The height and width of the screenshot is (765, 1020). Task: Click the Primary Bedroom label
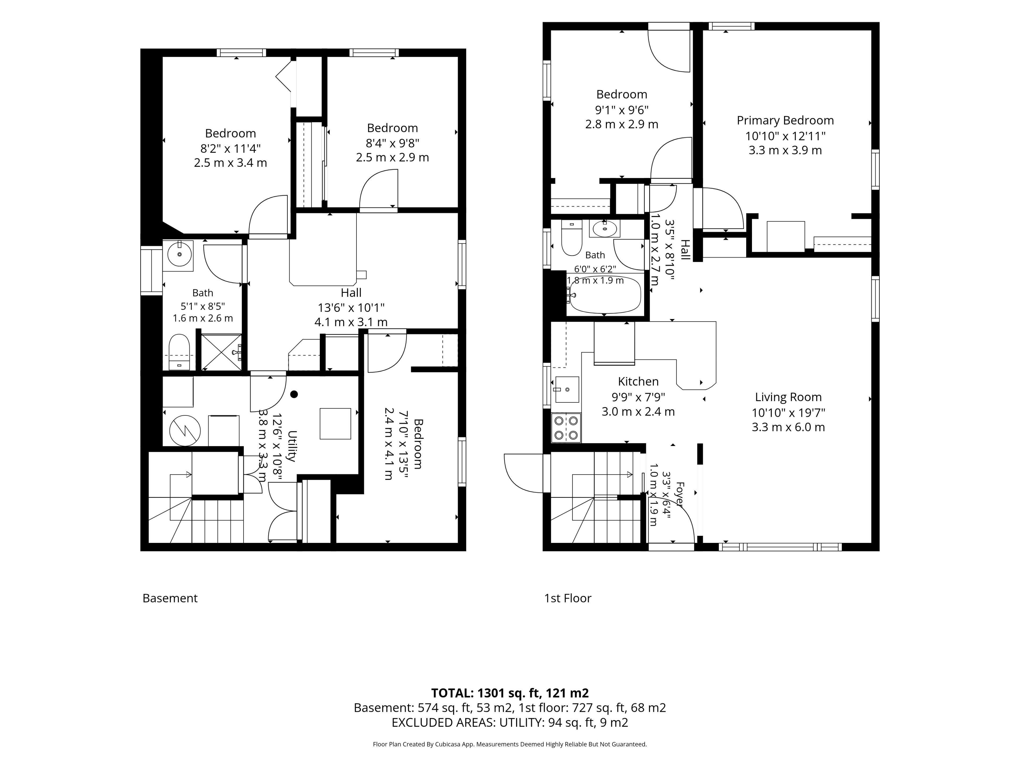(x=785, y=120)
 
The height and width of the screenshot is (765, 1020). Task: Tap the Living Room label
(x=788, y=397)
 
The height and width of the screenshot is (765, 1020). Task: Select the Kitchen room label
(x=638, y=381)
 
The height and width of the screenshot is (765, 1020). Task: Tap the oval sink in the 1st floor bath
(x=605, y=228)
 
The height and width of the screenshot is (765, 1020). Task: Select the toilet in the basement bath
(x=179, y=351)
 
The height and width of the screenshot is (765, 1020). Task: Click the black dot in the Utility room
(x=294, y=394)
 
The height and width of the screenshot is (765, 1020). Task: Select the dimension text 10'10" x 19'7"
(x=788, y=412)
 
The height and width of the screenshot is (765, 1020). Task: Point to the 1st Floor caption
(x=568, y=598)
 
